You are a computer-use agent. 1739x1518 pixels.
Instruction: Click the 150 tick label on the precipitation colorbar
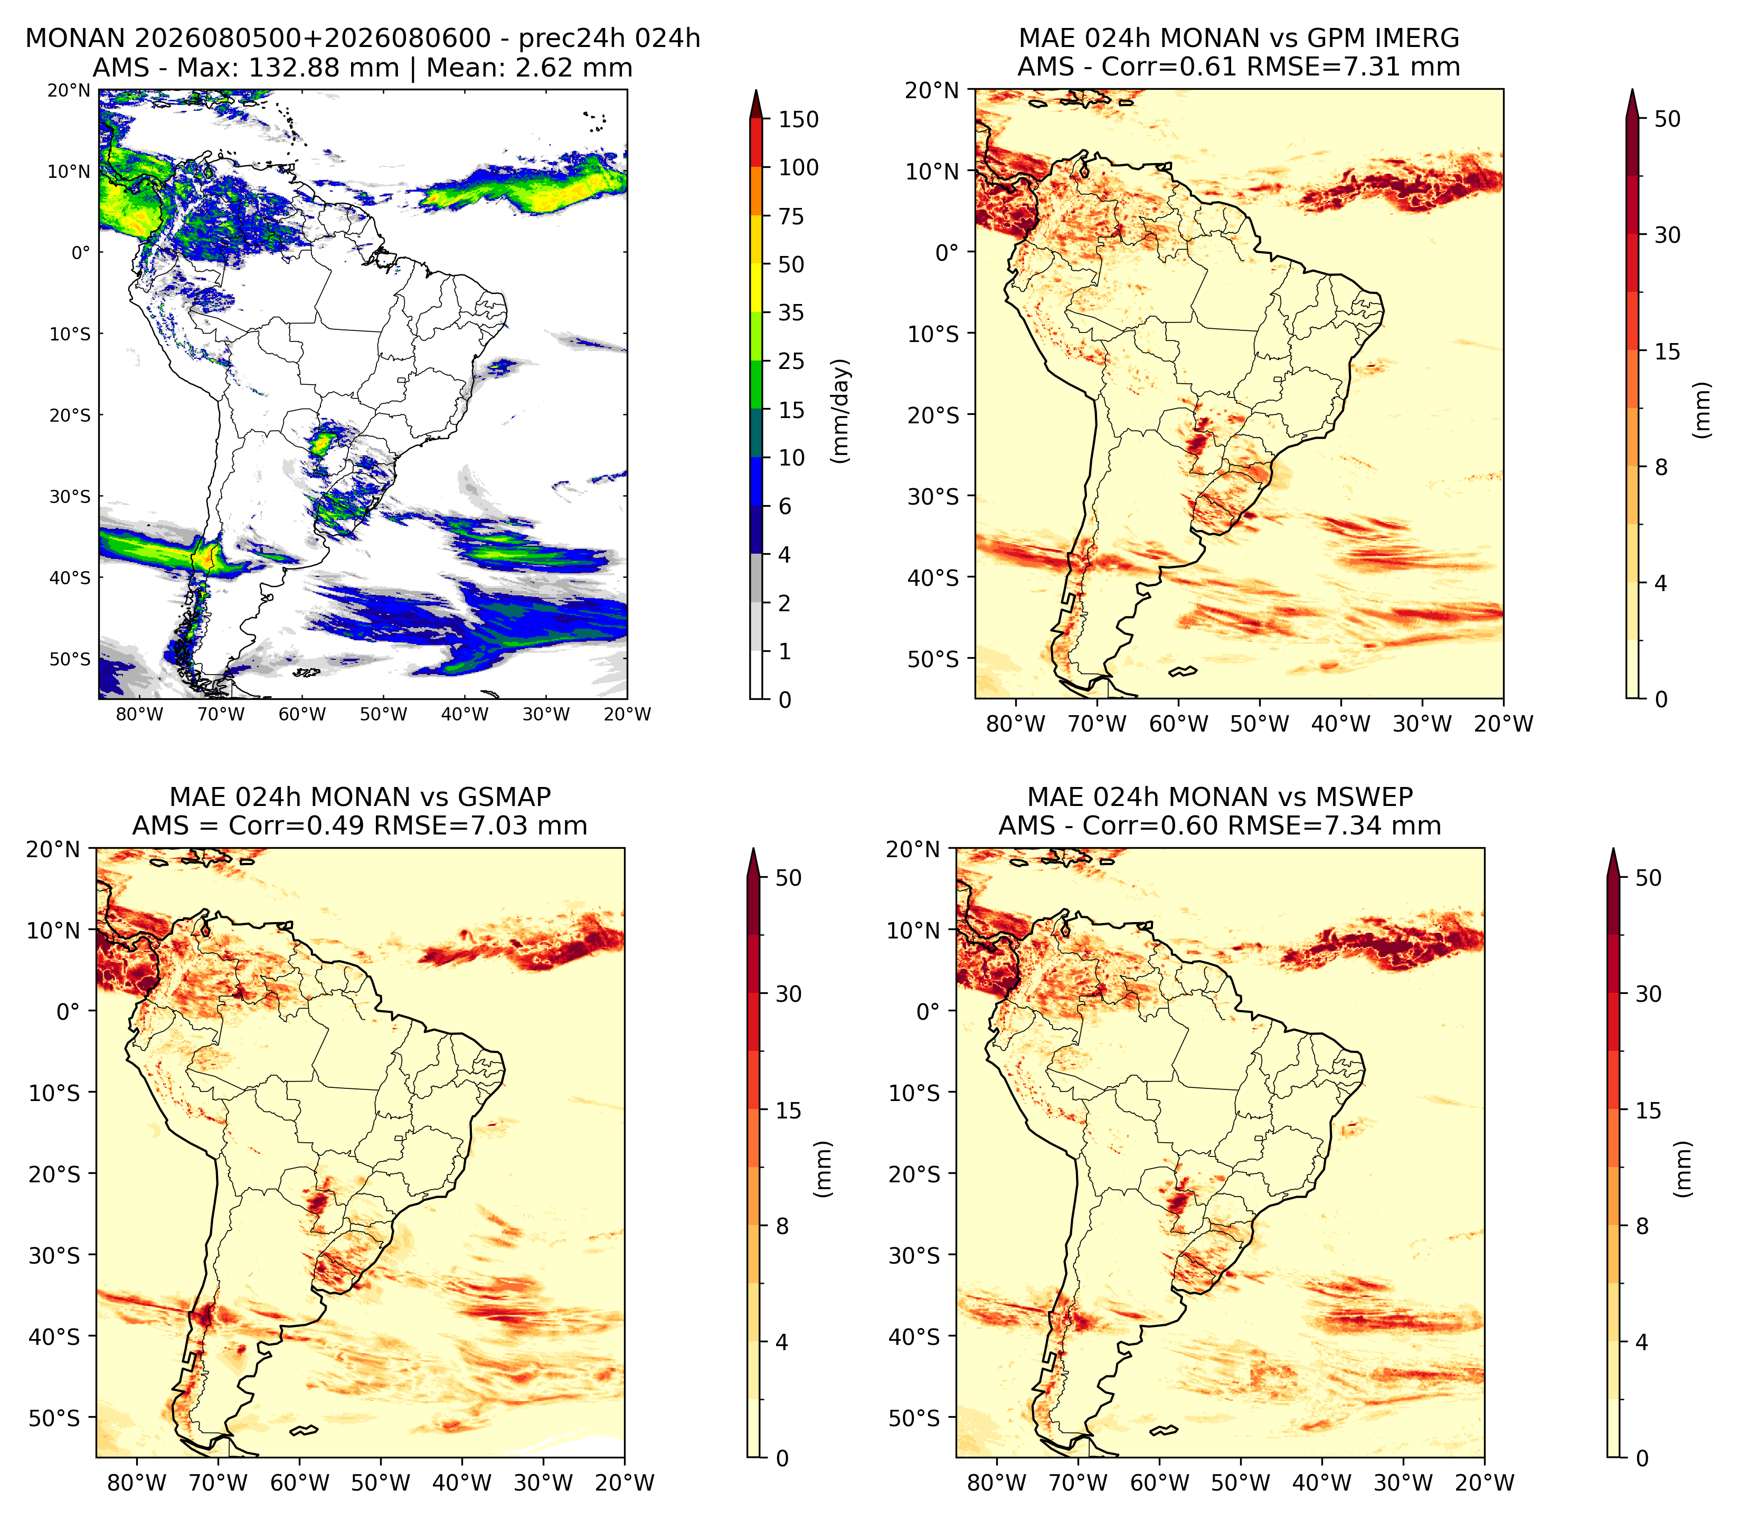(x=799, y=119)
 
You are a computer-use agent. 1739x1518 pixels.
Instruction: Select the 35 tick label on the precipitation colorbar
(x=791, y=312)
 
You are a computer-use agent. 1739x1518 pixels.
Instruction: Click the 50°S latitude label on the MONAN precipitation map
(x=70, y=658)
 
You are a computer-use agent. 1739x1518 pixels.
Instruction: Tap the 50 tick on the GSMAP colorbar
(x=788, y=878)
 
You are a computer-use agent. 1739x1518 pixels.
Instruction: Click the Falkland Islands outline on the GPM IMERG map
(x=1183, y=672)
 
